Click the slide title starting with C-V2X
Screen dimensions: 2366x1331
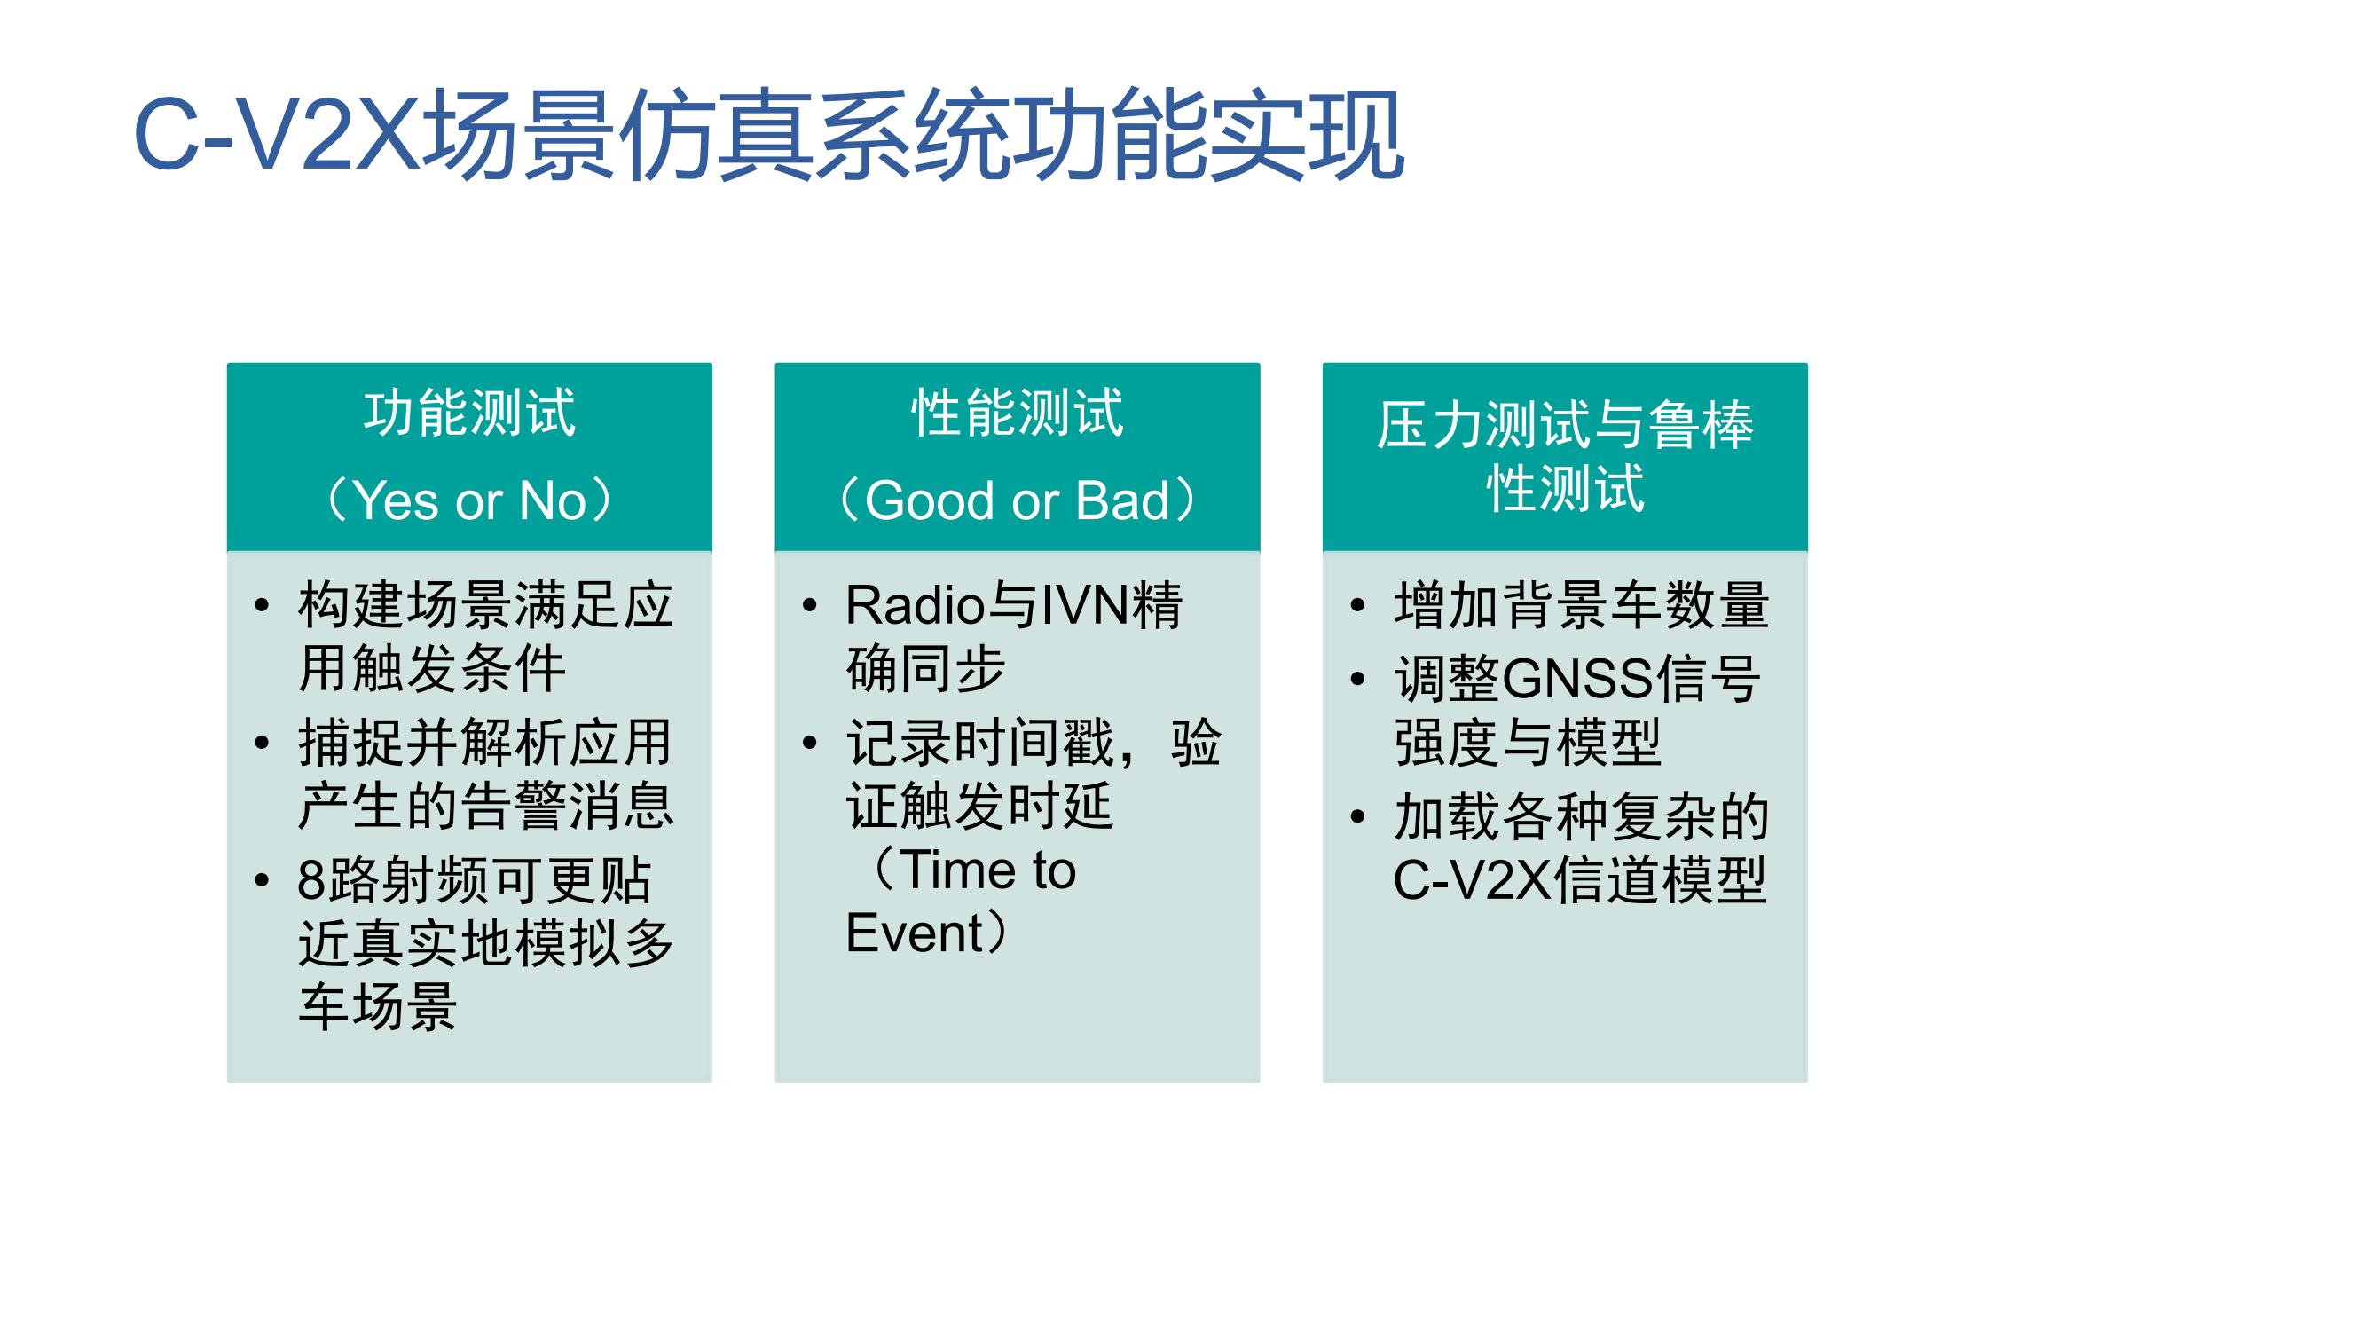point(769,135)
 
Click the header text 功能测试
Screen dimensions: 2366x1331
point(469,413)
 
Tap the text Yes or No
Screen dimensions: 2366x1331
point(469,500)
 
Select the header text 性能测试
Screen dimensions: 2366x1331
point(1017,413)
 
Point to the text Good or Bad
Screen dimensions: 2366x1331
point(1017,500)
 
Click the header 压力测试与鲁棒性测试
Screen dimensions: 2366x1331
point(1565,455)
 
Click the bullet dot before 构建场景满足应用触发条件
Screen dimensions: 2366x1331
point(262,605)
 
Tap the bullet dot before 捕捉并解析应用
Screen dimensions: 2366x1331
point(262,742)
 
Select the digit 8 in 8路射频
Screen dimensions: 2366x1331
point(312,880)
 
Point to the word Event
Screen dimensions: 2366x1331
point(915,933)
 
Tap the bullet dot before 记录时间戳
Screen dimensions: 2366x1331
point(809,742)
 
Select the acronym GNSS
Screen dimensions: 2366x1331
point(1578,679)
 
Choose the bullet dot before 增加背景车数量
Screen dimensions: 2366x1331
point(1357,605)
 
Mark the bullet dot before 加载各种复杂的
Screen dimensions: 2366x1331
point(1357,815)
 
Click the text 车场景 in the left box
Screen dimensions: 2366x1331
point(378,1007)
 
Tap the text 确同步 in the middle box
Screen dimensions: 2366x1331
point(926,669)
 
